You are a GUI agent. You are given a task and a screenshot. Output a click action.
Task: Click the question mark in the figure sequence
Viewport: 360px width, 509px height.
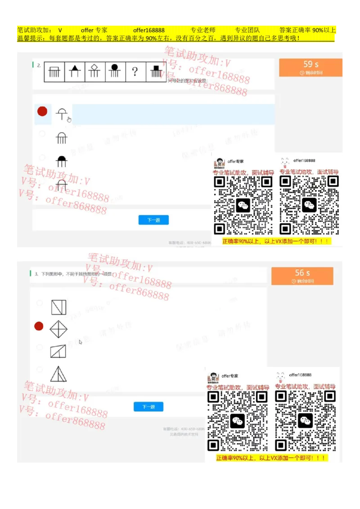point(135,71)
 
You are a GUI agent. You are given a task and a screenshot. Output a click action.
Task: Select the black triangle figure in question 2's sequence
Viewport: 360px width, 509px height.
point(74,71)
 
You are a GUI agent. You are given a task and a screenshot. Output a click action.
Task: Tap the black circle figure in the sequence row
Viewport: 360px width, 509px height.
point(114,71)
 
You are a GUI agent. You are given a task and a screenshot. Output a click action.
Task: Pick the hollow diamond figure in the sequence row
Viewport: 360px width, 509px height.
point(94,71)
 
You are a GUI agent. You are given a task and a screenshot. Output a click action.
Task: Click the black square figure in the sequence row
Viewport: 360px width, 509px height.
point(156,71)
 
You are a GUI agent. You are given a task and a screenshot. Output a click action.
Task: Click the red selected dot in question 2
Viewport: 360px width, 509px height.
point(42,112)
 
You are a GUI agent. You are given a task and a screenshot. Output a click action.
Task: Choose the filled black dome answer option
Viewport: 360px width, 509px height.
point(61,161)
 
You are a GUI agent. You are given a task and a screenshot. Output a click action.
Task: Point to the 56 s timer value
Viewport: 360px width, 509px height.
point(302,273)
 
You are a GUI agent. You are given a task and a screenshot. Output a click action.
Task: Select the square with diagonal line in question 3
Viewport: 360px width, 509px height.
point(58,307)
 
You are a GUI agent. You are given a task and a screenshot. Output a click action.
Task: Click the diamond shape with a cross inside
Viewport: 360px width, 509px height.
point(58,329)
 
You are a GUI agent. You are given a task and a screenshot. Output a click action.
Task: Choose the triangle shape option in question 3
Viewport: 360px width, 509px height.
point(58,374)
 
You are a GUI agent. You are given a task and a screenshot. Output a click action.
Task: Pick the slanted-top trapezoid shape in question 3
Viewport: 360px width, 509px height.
point(58,351)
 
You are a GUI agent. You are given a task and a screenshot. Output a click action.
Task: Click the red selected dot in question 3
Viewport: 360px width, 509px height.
point(39,326)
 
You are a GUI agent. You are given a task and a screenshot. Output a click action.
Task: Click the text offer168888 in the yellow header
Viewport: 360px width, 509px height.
point(148,30)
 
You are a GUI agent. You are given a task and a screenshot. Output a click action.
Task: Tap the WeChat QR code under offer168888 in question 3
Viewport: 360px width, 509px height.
point(305,420)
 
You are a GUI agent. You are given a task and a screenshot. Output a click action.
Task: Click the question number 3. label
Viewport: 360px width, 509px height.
point(36,273)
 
